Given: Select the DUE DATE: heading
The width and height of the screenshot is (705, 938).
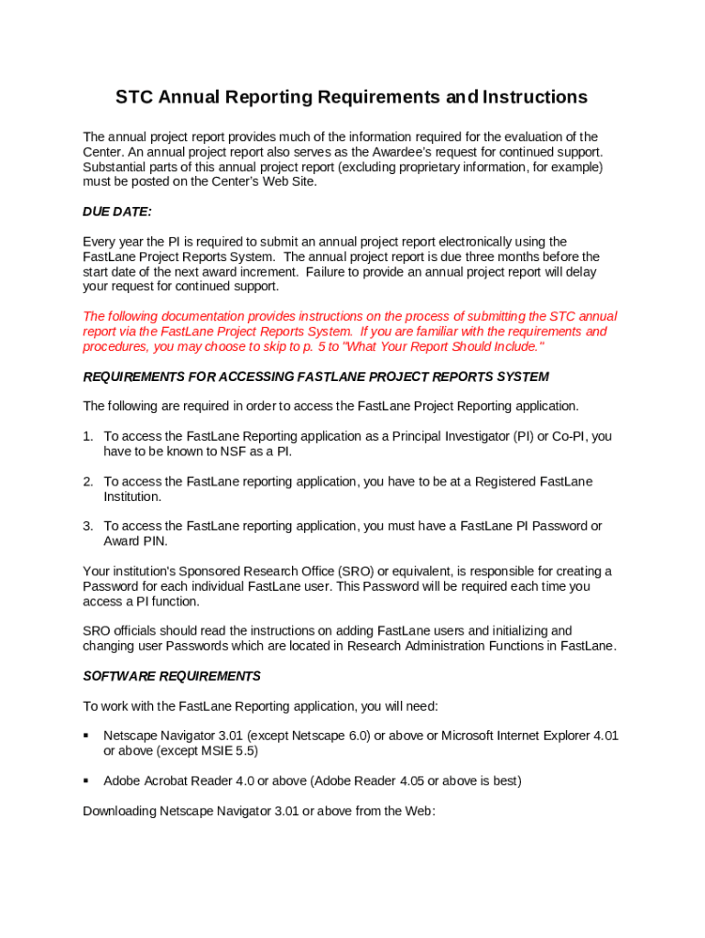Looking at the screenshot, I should [x=117, y=212].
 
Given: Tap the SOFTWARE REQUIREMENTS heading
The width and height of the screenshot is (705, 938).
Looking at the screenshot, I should [x=172, y=676].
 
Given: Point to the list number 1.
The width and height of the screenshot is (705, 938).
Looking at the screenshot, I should [x=88, y=436].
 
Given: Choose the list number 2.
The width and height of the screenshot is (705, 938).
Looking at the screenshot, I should [x=88, y=481].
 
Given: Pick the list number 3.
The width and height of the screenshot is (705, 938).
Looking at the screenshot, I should [x=88, y=526].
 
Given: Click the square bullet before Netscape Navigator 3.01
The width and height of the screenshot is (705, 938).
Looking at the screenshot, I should [x=86, y=736].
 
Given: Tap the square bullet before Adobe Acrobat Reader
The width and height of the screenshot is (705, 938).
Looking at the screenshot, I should [x=86, y=780].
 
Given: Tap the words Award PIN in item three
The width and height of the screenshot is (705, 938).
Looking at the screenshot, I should [x=135, y=540].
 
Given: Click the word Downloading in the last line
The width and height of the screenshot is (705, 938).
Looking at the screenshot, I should [x=120, y=811].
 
